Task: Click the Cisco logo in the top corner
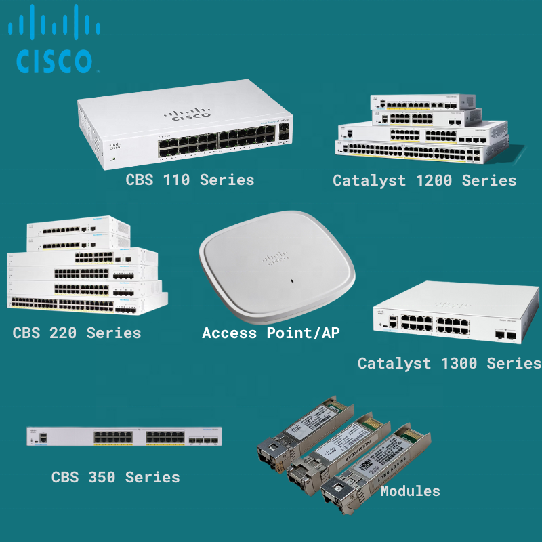54,42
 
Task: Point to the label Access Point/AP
271,333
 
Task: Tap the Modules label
410,491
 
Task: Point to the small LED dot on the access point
291,280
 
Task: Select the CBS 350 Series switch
124,436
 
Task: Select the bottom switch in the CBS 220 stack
85,304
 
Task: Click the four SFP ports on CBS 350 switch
203,441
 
